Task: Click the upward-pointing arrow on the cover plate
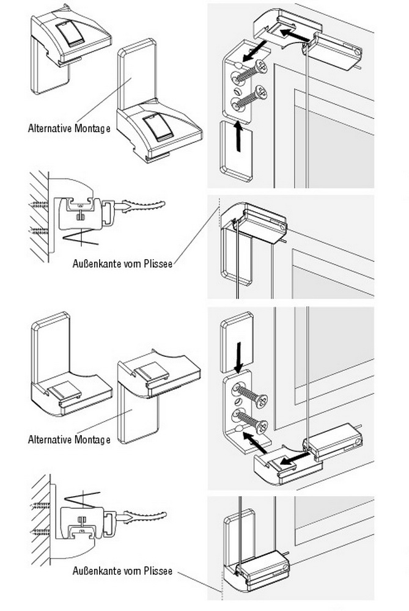click(x=238, y=137)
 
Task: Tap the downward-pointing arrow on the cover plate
click(x=238, y=357)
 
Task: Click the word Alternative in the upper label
click(x=49, y=128)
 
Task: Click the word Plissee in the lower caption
click(x=158, y=571)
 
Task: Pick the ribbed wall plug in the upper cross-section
click(x=144, y=205)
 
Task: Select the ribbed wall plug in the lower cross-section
click(x=145, y=517)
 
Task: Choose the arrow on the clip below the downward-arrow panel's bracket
click(x=295, y=458)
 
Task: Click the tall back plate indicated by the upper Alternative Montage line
click(x=137, y=74)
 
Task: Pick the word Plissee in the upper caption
click(x=158, y=264)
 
